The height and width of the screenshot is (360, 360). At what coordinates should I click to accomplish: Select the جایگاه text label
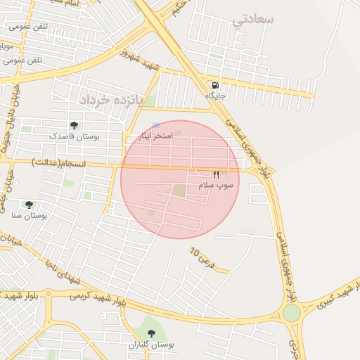click(x=214, y=94)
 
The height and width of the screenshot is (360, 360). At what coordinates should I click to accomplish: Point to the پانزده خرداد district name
click(x=110, y=100)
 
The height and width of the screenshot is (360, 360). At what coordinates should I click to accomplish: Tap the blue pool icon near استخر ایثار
click(x=155, y=125)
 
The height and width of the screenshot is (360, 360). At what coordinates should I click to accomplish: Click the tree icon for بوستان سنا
click(x=29, y=205)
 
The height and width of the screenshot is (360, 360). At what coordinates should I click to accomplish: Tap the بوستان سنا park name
click(x=29, y=215)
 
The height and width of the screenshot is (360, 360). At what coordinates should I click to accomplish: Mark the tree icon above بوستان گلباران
click(x=151, y=333)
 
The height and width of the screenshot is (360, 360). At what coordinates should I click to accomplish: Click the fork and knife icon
click(x=217, y=174)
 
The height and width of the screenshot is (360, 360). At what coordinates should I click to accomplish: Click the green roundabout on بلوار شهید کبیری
click(x=292, y=313)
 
